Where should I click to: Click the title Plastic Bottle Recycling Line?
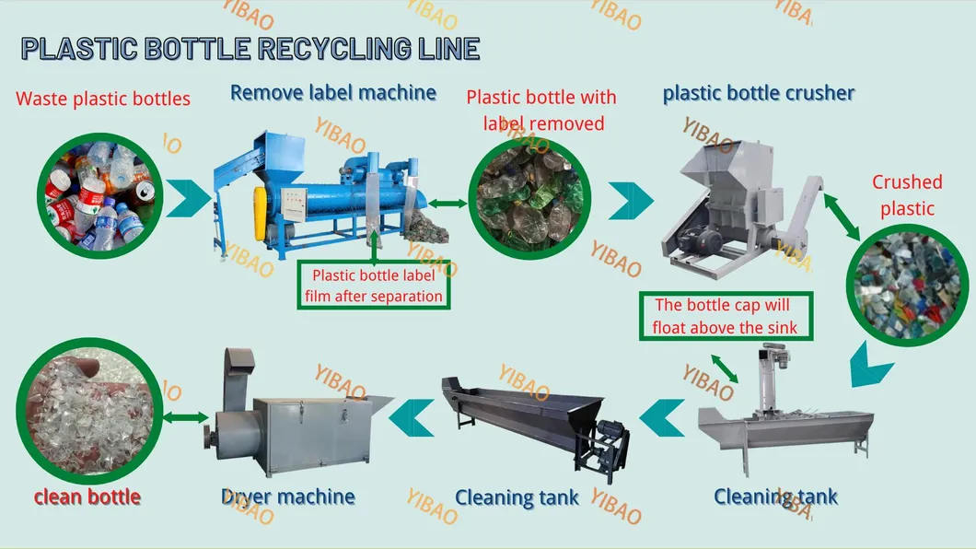(x=250, y=49)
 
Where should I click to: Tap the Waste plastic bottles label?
(x=103, y=99)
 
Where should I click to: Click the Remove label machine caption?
(x=332, y=92)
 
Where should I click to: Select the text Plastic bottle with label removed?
(x=540, y=110)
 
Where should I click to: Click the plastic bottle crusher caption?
(x=758, y=93)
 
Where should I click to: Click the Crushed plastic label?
(x=907, y=195)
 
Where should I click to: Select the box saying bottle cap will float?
(x=724, y=316)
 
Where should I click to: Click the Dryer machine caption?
(x=288, y=496)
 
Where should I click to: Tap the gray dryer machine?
(x=295, y=419)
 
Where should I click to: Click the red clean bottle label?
(x=87, y=497)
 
